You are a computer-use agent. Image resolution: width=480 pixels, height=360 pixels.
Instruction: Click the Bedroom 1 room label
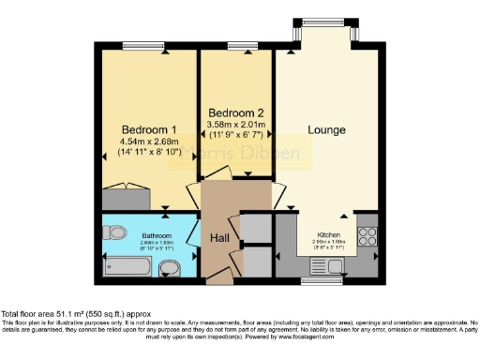click(x=149, y=128)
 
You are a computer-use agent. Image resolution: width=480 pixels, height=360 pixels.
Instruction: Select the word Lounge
click(x=326, y=129)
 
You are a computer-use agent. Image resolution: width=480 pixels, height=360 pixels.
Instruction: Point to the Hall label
click(x=219, y=237)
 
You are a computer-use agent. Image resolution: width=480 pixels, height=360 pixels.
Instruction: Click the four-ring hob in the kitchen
click(x=367, y=235)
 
